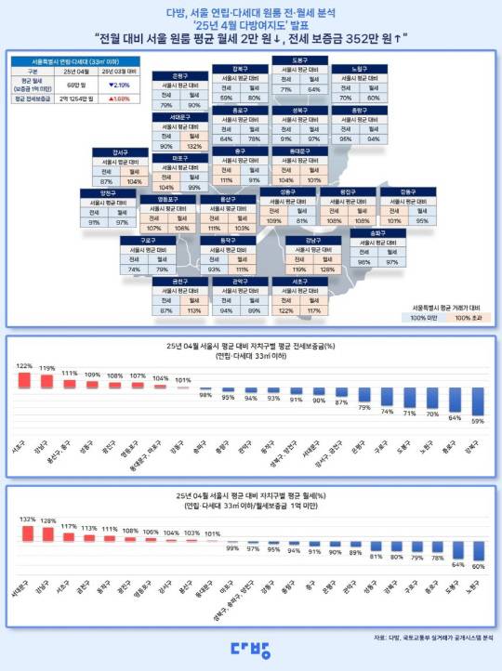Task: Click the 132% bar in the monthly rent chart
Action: [25, 534]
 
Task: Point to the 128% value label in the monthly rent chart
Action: [46, 521]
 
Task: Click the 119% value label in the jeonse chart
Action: [46, 368]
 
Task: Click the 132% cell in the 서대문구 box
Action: [192, 146]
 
